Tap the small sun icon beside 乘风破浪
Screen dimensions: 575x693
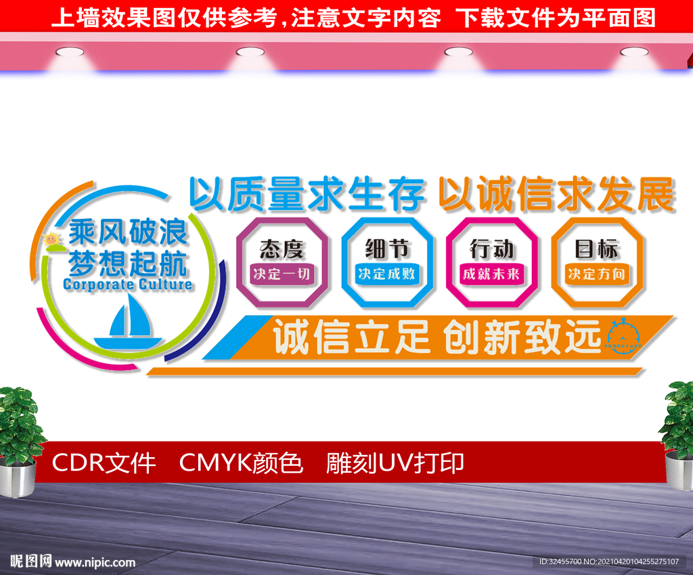[51, 239]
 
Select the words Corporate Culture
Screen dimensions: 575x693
[127, 284]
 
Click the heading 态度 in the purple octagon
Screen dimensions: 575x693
[282, 249]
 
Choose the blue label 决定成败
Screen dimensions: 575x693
[387, 274]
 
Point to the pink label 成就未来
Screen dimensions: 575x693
[491, 274]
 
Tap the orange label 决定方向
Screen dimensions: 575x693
[597, 274]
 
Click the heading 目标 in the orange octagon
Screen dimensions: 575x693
[597, 249]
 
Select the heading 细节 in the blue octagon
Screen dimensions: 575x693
[387, 249]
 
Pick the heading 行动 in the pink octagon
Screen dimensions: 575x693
[491, 249]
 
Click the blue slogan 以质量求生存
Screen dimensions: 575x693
[307, 195]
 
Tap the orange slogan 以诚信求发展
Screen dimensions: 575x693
[556, 195]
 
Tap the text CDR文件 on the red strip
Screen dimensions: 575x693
[104, 463]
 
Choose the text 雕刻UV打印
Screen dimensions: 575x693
[395, 463]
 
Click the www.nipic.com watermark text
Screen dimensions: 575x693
[95, 562]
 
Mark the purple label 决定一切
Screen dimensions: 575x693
[282, 274]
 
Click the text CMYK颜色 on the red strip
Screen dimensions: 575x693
[241, 463]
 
